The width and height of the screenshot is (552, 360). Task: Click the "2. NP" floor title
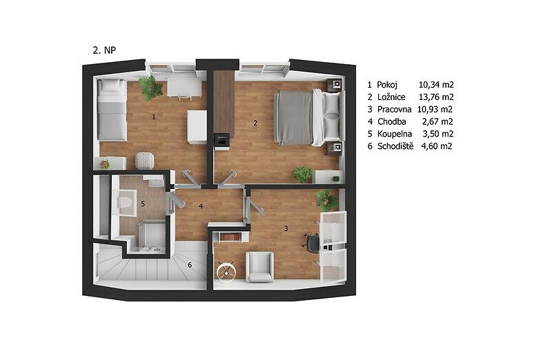coord(104,50)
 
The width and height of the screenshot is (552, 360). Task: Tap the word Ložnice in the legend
coord(391,97)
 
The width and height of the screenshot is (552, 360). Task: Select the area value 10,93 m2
coord(435,109)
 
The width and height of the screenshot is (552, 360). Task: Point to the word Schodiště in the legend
coord(395,146)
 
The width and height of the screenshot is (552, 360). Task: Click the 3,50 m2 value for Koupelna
coord(438,134)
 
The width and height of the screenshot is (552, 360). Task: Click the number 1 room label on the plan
coord(153,117)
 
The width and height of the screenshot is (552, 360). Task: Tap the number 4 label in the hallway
coord(201,206)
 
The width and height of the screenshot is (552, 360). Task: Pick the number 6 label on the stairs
coord(190,265)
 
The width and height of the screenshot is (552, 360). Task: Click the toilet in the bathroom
coord(124,203)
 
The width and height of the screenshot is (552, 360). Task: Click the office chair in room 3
coord(313,243)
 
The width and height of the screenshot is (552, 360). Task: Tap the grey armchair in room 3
coord(259,267)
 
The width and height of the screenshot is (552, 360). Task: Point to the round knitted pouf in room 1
coord(144,161)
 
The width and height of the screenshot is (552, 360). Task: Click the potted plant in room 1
coord(150,88)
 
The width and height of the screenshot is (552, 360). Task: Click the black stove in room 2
coord(221,141)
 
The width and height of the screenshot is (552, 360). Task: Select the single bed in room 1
coord(112,110)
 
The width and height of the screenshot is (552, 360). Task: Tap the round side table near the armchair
coord(226,271)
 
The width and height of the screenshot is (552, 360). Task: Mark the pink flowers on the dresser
coord(105,163)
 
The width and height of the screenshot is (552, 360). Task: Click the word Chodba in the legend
coord(391,121)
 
